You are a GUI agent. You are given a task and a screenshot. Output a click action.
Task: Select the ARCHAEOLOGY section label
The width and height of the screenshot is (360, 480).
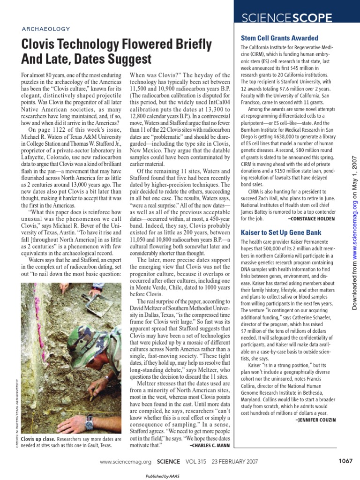(x=46, y=29)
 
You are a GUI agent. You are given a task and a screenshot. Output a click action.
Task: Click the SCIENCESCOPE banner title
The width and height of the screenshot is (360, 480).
(x=286, y=18)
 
